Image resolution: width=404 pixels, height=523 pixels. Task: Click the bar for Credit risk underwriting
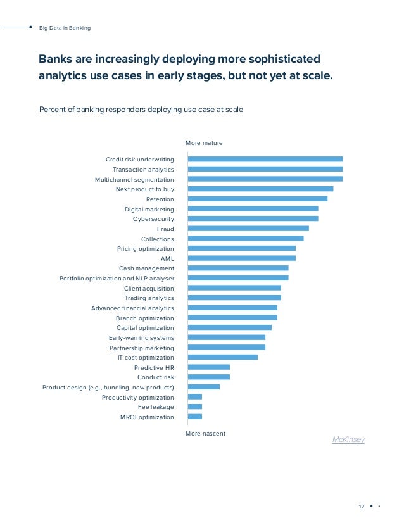point(265,160)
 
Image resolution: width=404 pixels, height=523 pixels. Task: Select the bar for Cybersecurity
point(253,218)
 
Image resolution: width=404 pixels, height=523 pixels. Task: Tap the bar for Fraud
point(248,229)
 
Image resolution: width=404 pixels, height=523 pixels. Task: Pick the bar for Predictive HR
point(209,367)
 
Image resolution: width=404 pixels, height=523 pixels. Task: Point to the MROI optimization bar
point(195,417)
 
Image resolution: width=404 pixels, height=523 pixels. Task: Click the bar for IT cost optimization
point(223,357)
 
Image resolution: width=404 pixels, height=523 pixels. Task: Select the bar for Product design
point(204,387)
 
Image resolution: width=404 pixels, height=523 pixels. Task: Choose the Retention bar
point(258,199)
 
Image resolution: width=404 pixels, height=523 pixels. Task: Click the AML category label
point(167,258)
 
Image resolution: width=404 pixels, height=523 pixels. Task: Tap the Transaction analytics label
point(143,170)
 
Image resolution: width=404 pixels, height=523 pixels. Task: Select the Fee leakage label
point(156,407)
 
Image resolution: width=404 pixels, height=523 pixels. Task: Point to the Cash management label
point(146,268)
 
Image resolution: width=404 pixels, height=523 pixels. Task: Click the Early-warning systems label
point(141,337)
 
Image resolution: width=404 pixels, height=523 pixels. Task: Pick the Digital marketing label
point(149,209)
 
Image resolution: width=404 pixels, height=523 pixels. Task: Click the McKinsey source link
point(348,439)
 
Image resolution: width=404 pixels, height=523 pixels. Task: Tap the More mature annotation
point(204,143)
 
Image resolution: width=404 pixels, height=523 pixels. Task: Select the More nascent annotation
point(205,434)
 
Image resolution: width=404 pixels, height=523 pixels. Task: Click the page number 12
point(362,507)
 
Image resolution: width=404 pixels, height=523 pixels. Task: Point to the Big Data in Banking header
point(65,28)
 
